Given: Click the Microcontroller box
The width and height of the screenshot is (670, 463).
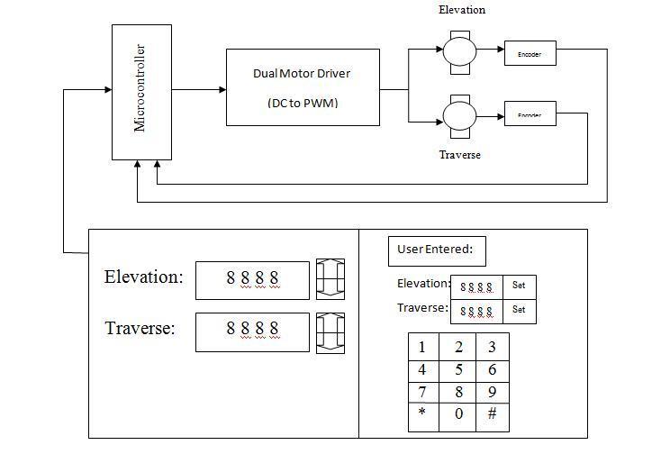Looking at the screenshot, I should tap(141, 92).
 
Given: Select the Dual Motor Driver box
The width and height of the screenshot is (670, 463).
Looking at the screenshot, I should tap(302, 86).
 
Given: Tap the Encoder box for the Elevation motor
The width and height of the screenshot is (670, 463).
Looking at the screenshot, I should tap(530, 54).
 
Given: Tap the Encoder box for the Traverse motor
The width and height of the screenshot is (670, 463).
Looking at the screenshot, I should tap(530, 114).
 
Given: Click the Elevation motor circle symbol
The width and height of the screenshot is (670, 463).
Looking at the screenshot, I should tap(459, 50).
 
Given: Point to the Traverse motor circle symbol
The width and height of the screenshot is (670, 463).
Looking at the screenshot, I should tap(459, 114).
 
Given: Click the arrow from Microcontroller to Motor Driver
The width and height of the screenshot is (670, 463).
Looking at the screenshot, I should tap(198, 89).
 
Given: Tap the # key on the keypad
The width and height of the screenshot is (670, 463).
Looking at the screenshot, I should tap(492, 414).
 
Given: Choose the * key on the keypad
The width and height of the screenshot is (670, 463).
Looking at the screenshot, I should tap(422, 414).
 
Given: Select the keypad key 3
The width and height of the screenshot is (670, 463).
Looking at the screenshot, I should tap(492, 347).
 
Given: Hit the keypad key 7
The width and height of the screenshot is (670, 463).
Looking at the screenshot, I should tap(422, 392).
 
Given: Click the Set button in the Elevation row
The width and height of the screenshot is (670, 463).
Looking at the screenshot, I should tap(519, 286).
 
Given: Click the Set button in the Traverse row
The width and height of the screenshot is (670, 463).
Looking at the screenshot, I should tap(519, 310).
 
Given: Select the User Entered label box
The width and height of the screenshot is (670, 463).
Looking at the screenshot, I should tap(437, 250).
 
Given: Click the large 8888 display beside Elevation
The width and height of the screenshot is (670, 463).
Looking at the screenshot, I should tap(252, 279).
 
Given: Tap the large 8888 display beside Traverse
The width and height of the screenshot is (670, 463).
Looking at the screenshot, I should tap(252, 330).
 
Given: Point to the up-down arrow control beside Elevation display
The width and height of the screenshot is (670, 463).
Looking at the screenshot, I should tap(330, 279).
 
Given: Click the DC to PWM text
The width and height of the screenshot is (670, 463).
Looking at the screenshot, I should tap(302, 104).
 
